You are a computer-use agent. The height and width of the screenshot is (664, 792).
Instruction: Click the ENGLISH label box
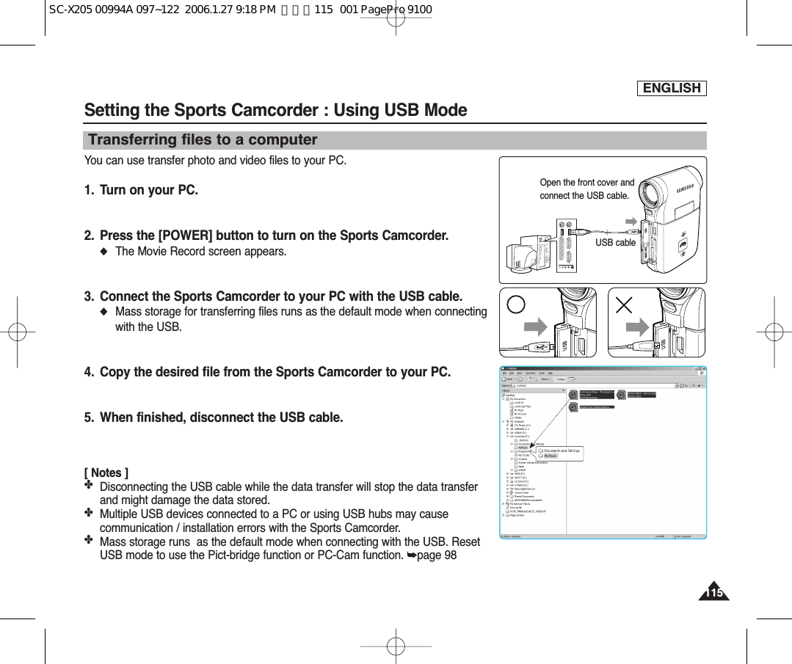point(672,88)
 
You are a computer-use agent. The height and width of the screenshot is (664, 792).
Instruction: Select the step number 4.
point(89,372)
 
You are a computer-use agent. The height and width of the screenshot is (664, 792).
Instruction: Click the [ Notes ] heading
point(106,473)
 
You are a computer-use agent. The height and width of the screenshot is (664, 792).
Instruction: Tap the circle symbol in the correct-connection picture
point(517,304)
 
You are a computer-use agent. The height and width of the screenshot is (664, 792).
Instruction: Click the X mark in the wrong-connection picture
point(624,304)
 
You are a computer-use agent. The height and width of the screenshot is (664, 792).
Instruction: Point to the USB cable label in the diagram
point(615,242)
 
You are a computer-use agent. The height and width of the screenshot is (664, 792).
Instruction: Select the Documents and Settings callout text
point(562,450)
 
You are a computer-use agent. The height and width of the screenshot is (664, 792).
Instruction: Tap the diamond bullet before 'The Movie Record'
point(104,252)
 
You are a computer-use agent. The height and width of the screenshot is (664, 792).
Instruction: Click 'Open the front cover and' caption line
point(586,183)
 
